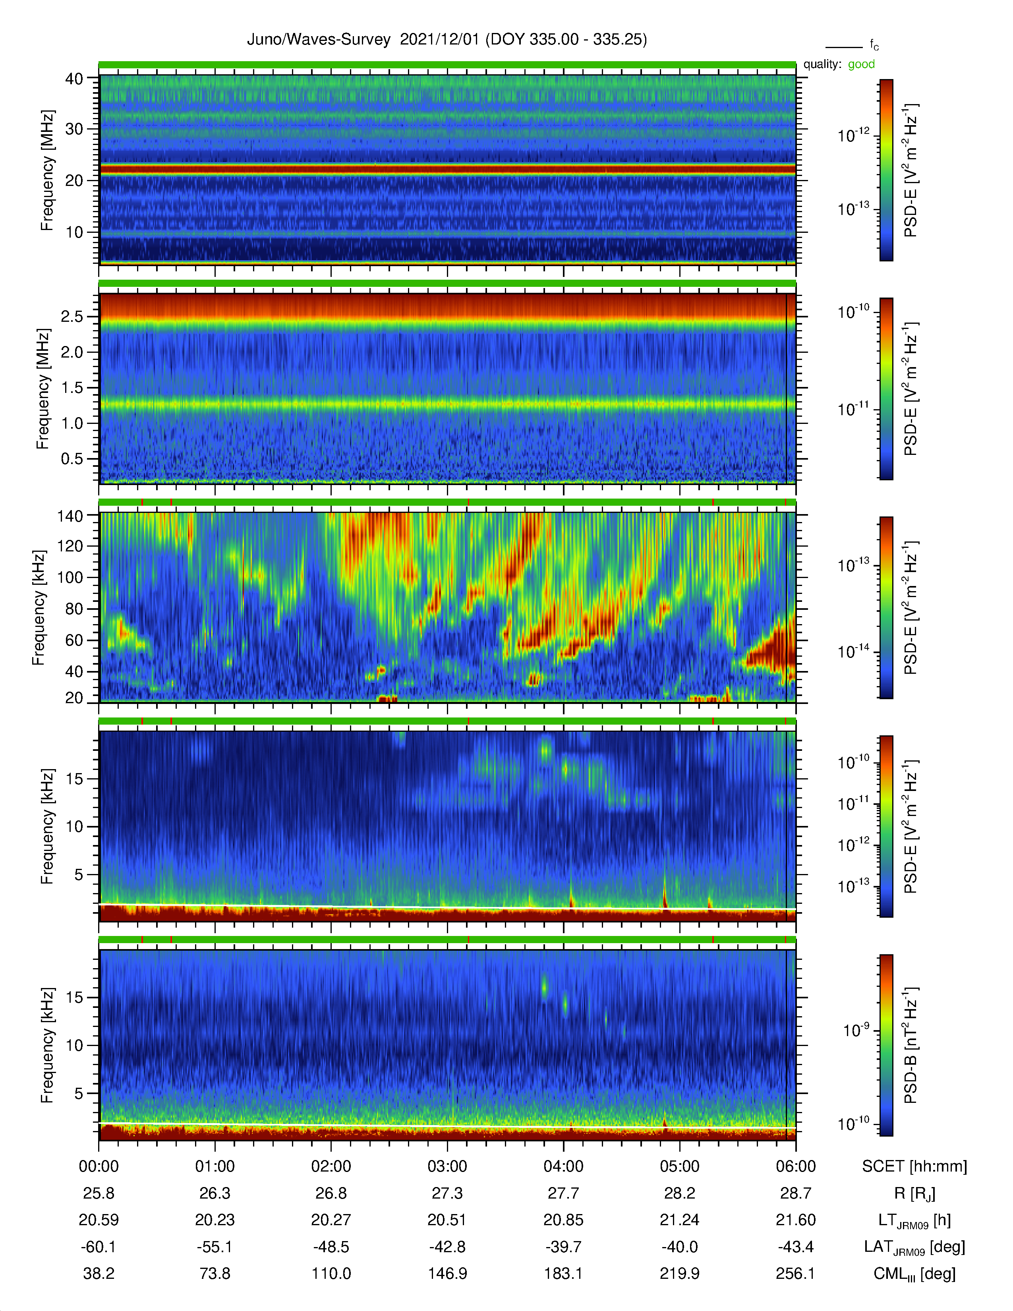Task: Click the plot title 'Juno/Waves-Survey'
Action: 319,40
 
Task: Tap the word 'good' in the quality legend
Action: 861,64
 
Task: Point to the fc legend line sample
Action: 844,47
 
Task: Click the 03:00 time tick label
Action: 447,1166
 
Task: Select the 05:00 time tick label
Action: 679,1166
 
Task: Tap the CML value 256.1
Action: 795,1274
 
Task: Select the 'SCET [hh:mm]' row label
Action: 914,1166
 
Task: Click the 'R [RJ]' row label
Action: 914,1194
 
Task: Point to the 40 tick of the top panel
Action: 74,79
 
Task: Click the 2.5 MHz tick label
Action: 72,316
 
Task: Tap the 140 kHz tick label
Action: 70,516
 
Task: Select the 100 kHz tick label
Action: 70,578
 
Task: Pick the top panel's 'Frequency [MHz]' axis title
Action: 47,170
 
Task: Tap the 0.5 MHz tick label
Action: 72,458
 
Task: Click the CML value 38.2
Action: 99,1274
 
